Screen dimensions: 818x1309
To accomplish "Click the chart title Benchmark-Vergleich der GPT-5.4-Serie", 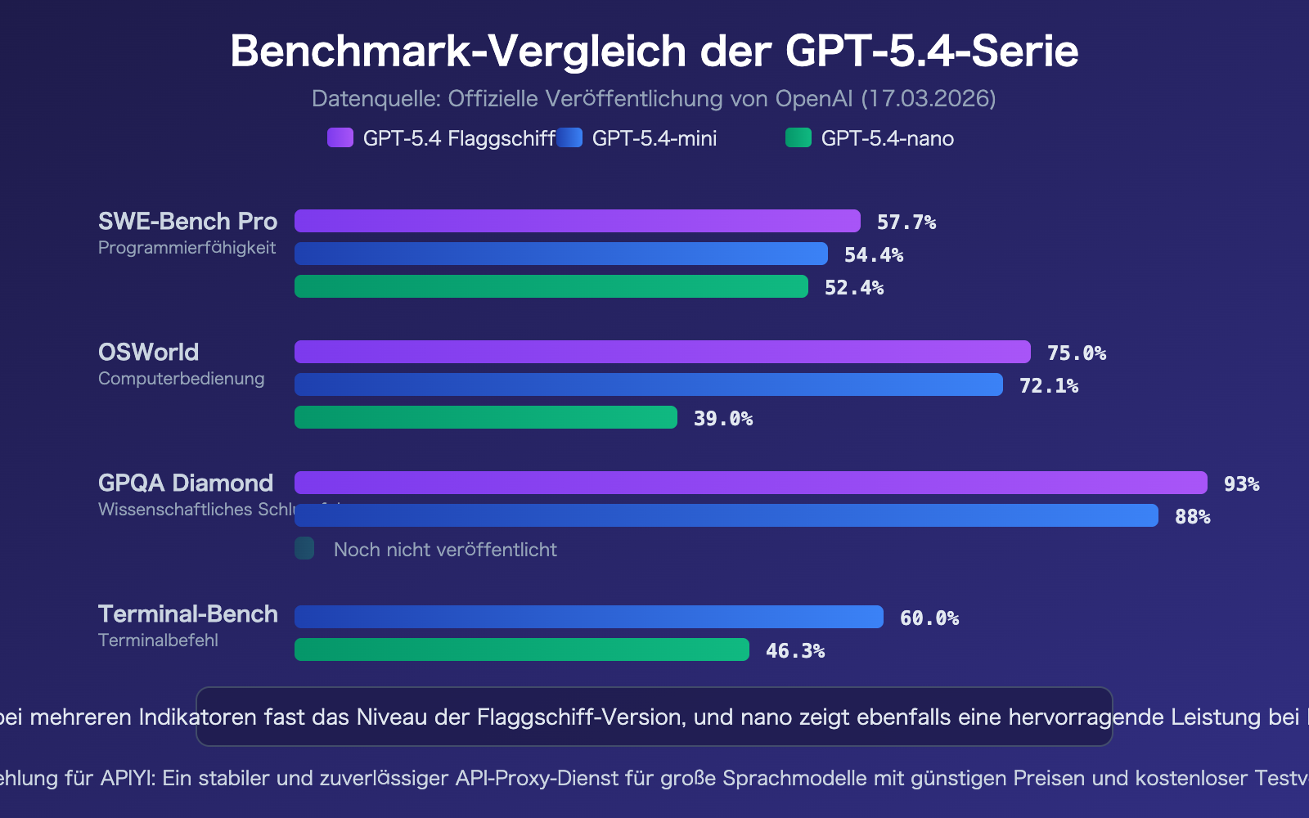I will tap(654, 51).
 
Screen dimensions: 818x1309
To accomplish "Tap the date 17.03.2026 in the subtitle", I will tap(928, 99).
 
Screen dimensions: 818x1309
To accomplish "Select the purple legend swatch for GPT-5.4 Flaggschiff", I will tap(340, 137).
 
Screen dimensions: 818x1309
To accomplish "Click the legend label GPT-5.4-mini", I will tap(654, 138).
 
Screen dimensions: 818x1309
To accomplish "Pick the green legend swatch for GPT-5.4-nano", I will tap(798, 137).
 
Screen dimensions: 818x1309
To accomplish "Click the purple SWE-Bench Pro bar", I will tap(577, 221).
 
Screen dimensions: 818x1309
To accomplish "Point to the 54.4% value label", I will tap(874, 255).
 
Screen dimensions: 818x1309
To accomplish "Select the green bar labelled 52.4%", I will tap(551, 286).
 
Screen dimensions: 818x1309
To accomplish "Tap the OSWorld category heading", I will tap(148, 352).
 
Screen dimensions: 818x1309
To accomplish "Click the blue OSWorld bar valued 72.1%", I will tap(648, 384).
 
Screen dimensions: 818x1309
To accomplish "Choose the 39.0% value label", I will tap(723, 419).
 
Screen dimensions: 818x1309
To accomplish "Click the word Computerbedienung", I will tap(181, 379).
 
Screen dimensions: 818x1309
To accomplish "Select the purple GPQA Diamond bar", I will tap(750, 483).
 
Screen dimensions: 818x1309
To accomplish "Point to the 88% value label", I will tap(1192, 517).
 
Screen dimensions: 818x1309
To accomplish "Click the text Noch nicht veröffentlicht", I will tap(445, 550).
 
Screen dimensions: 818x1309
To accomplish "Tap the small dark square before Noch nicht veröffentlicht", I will tap(304, 548).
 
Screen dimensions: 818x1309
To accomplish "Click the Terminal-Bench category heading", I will tap(187, 613).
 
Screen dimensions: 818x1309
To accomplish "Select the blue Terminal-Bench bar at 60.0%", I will tap(588, 617).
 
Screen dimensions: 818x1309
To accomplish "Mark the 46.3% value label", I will tap(794, 651).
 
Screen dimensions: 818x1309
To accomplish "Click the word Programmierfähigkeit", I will tap(187, 248).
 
